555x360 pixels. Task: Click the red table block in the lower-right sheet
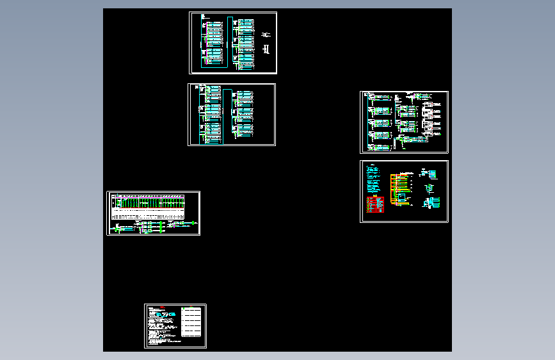pos(375,204)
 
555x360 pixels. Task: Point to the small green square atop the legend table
pos(183,309)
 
